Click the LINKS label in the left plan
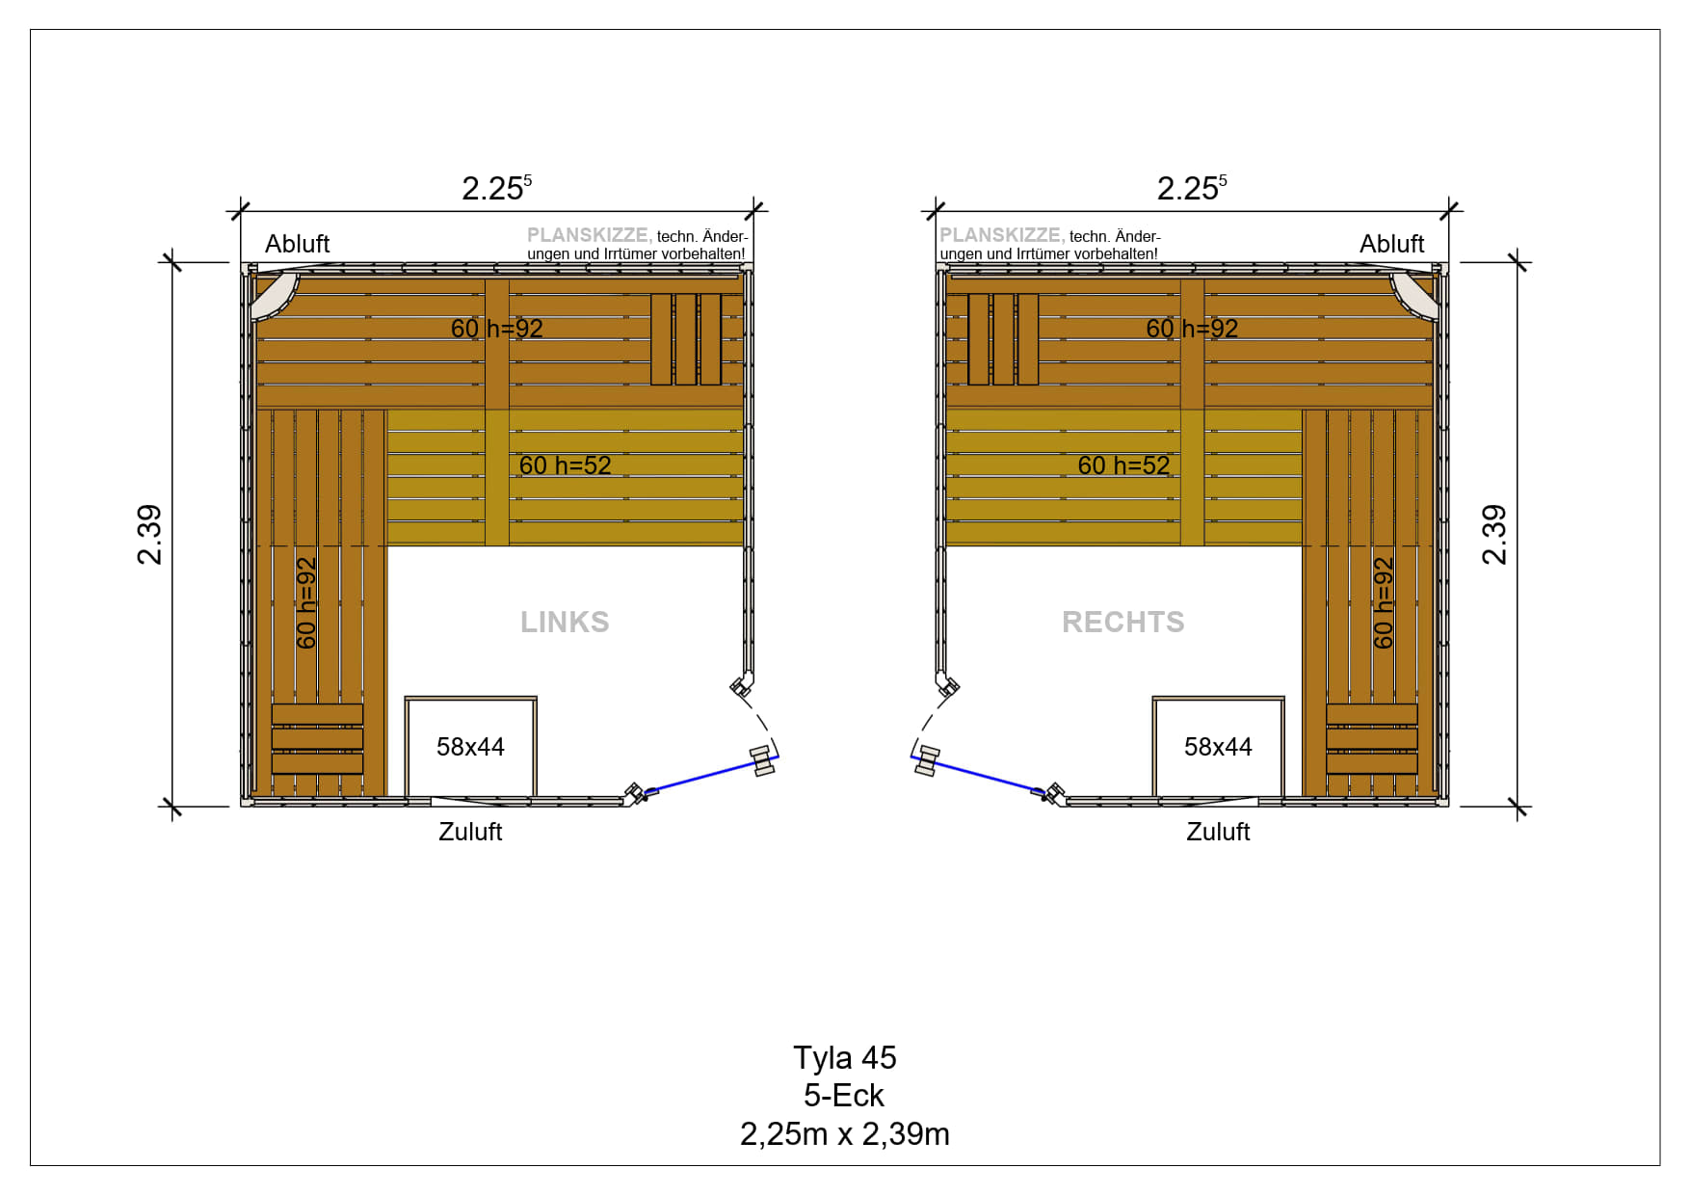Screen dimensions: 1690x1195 click(565, 622)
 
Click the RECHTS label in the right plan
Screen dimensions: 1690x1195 click(1123, 622)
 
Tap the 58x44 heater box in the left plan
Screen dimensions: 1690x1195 click(470, 747)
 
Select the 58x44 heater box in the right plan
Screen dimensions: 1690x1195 click(1218, 747)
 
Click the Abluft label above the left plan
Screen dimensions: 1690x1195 click(297, 244)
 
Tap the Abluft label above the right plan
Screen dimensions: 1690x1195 click(1391, 244)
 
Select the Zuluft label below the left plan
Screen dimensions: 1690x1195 click(470, 832)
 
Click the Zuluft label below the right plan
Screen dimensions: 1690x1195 click(1218, 832)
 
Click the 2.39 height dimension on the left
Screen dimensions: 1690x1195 click(149, 535)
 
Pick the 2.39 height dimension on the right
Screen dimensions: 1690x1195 click(1493, 535)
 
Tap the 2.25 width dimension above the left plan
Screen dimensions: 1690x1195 click(496, 187)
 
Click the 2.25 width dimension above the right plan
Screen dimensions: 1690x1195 click(1192, 187)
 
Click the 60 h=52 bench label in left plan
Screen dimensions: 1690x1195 click(565, 465)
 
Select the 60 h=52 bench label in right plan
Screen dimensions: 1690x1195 click(1123, 465)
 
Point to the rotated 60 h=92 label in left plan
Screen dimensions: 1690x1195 click(306, 603)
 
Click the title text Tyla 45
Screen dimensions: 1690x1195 click(845, 1058)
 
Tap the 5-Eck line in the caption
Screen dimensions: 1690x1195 click(844, 1096)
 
